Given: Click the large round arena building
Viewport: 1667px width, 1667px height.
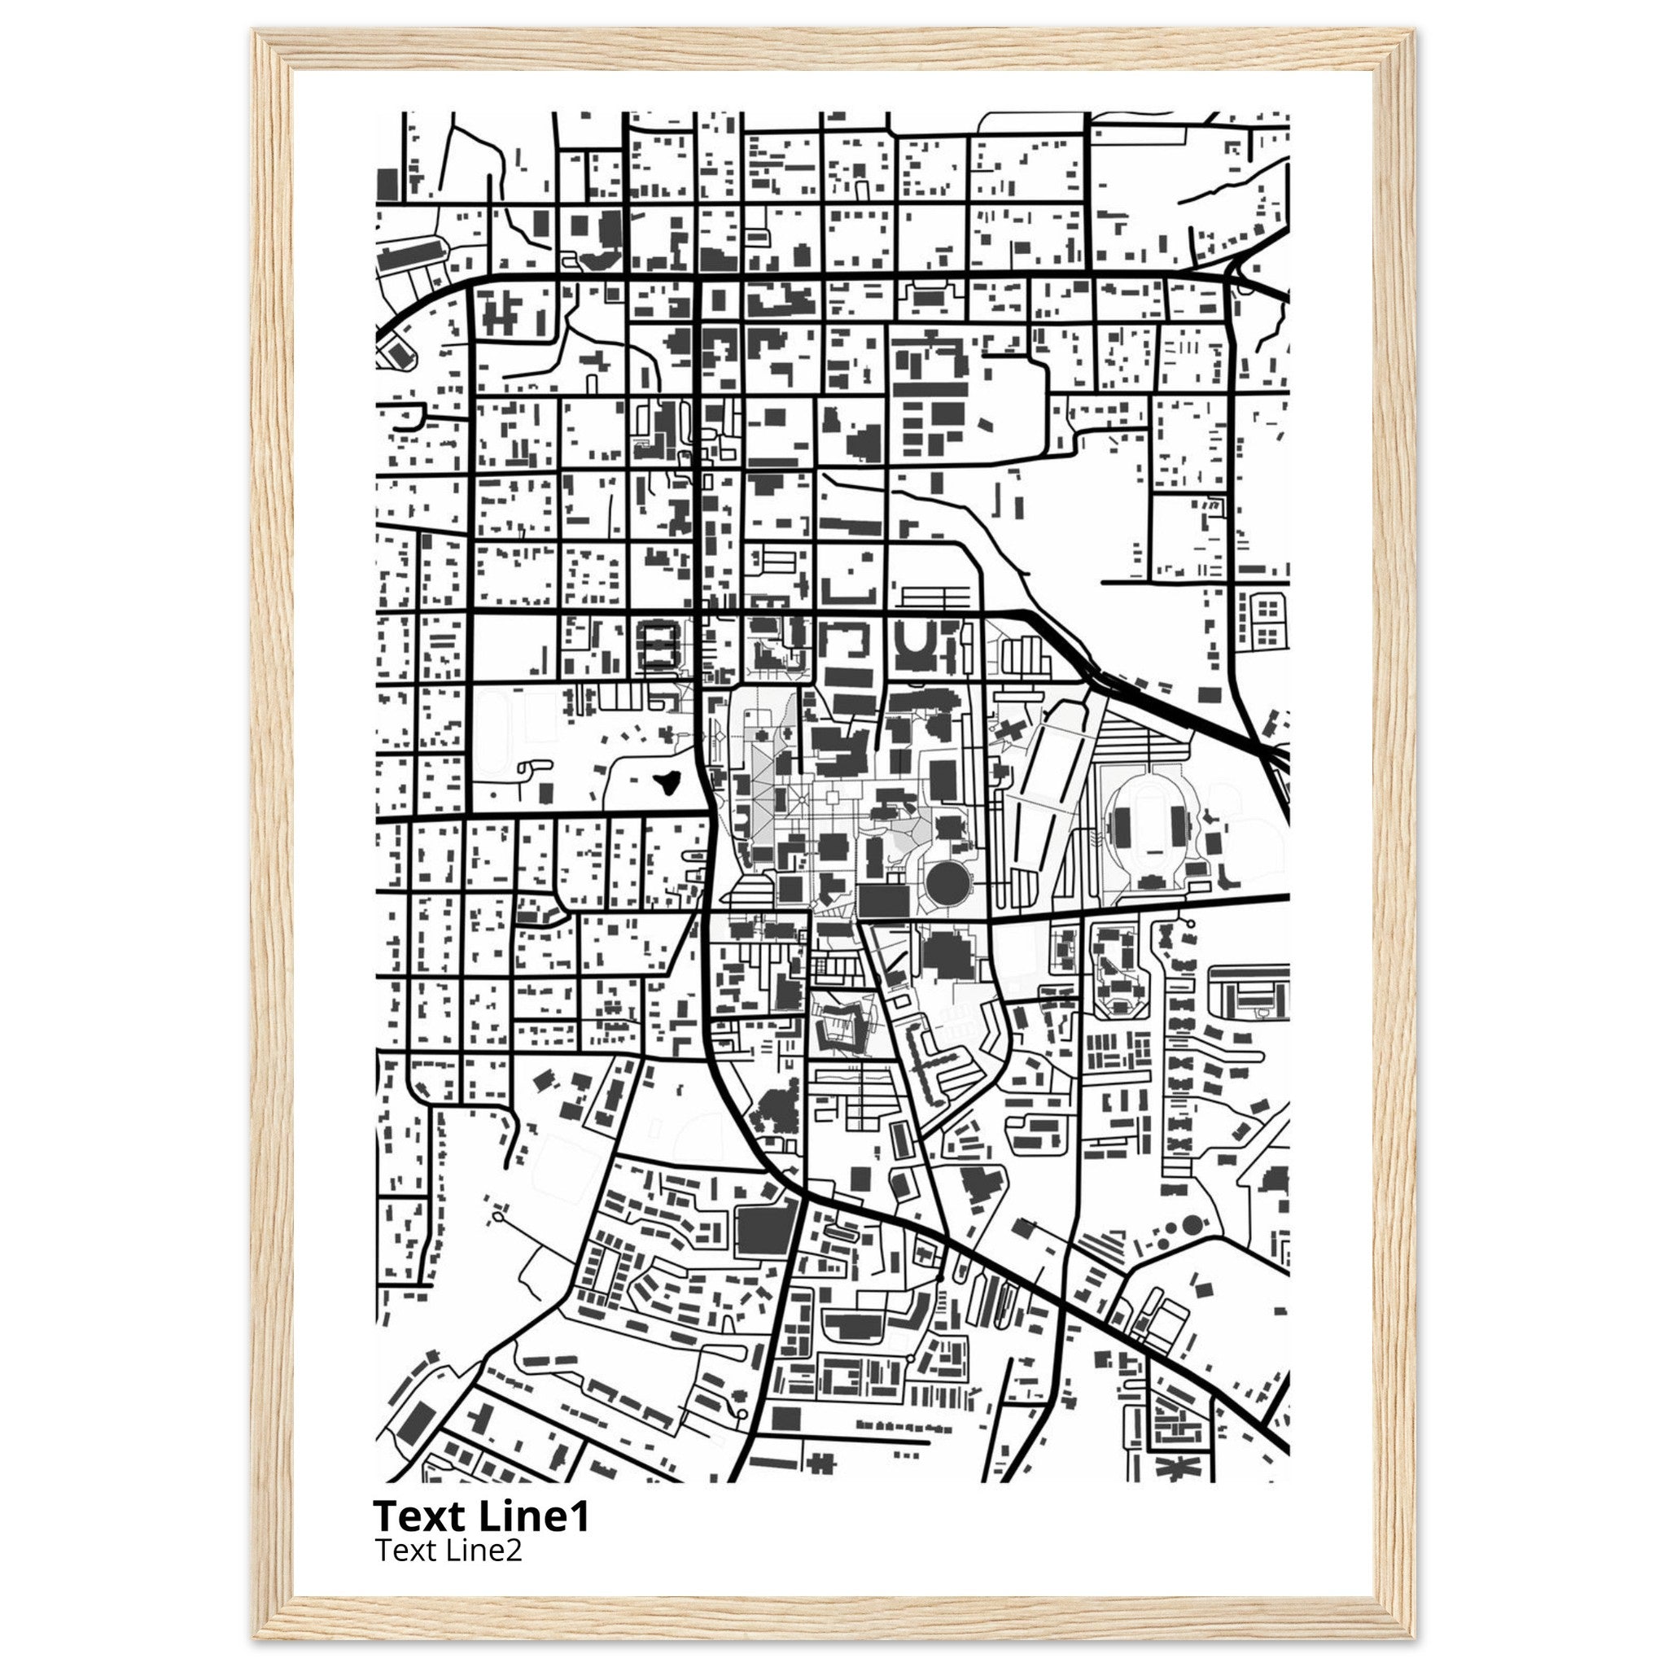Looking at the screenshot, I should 948,881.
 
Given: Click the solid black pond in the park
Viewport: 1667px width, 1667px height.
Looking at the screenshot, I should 665,782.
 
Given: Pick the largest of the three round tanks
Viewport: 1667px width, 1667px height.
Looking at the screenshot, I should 1192,1223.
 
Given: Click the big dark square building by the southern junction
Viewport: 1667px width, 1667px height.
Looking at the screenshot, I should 764,1231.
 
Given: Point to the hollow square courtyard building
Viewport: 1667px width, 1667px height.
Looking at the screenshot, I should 658,646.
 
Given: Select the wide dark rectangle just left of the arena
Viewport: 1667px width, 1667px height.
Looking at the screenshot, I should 883,901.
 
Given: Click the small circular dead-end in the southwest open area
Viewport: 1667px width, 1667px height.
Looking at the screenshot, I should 497,1218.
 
